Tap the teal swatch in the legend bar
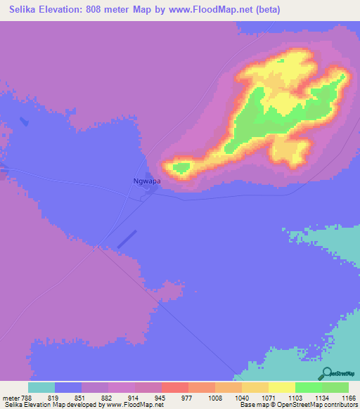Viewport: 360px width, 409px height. click(x=41, y=387)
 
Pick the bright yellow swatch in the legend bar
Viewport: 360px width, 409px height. click(x=282, y=387)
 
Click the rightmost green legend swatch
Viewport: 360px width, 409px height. click(x=335, y=387)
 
